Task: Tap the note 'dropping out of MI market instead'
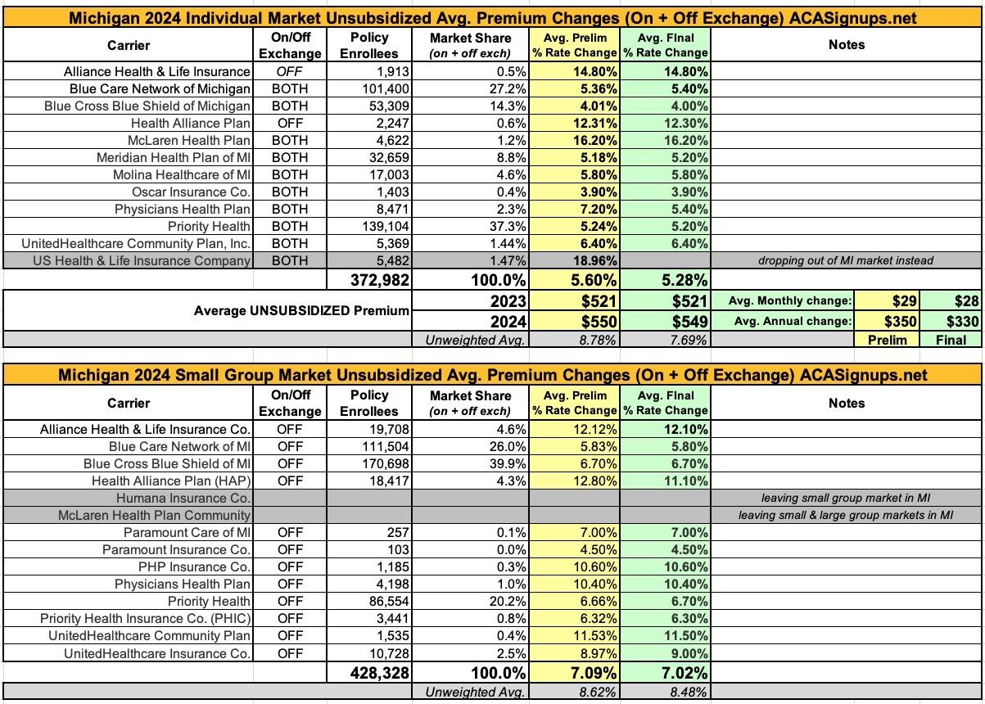click(846, 261)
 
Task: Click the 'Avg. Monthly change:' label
click(789, 301)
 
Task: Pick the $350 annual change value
click(899, 321)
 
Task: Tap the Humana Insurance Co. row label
click(191, 498)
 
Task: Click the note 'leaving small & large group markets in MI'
click(846, 515)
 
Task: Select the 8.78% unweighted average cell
click(590, 339)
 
